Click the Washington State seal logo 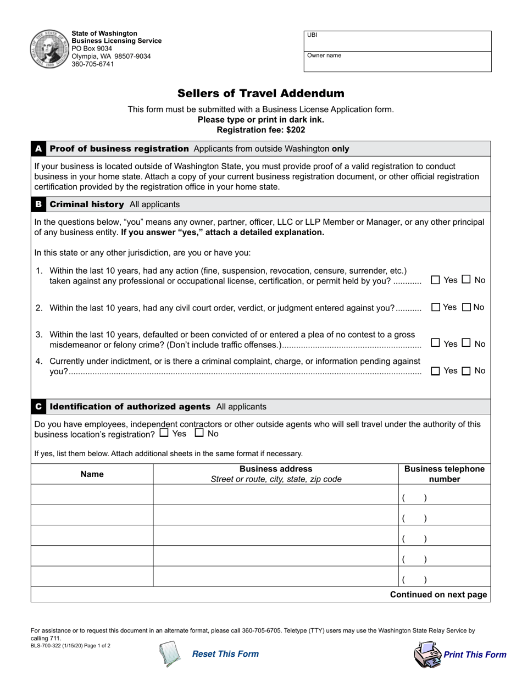[x=48, y=48]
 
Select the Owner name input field [x=398, y=62]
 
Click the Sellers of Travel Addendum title [x=260, y=93]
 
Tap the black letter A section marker [x=38, y=149]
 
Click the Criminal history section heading [x=87, y=204]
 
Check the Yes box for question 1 [x=436, y=280]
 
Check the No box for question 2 [x=467, y=307]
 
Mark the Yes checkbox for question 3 [x=436, y=343]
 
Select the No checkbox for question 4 [x=467, y=371]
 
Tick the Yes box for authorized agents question [x=164, y=433]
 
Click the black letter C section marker [x=38, y=407]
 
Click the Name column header [x=92, y=474]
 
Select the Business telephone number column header [x=444, y=474]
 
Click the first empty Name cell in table [x=92, y=495]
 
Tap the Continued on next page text [x=438, y=595]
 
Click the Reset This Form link [x=225, y=653]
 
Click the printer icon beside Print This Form [x=427, y=655]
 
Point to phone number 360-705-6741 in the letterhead [x=93, y=64]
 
